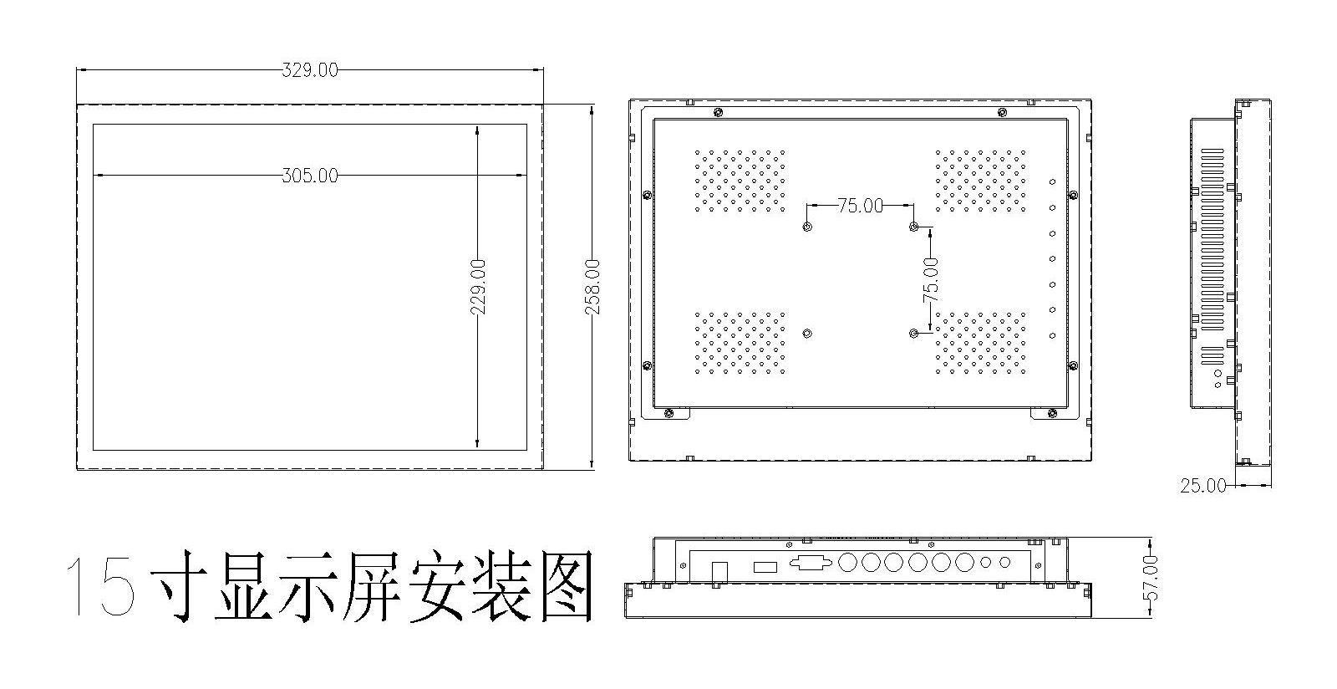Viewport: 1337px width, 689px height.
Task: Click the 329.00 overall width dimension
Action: coord(310,70)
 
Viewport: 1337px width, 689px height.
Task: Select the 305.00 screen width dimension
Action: coord(310,176)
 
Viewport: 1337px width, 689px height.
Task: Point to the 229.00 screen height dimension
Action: coord(478,287)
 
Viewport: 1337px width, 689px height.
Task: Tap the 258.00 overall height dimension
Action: coord(592,287)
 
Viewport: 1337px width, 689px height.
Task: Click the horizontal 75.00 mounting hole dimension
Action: coord(860,205)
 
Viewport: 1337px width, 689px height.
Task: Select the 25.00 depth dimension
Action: coord(1203,485)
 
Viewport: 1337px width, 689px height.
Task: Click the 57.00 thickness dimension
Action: coord(1151,577)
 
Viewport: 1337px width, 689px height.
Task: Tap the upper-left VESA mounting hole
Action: coord(807,227)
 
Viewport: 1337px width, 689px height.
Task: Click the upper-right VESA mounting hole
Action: coord(914,227)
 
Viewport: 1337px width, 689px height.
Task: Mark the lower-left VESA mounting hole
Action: coord(807,334)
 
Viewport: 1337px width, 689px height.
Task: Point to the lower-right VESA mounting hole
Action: coord(914,334)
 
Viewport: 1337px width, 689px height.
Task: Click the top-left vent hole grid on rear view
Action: coord(740,181)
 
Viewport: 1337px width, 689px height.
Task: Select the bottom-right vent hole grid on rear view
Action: coord(981,342)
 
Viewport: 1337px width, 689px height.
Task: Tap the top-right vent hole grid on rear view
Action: coord(981,181)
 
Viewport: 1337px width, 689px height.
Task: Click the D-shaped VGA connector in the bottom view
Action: coord(809,563)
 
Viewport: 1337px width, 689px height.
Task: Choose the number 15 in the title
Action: coord(100,585)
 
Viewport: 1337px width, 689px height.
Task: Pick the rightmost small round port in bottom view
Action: coord(1005,563)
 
